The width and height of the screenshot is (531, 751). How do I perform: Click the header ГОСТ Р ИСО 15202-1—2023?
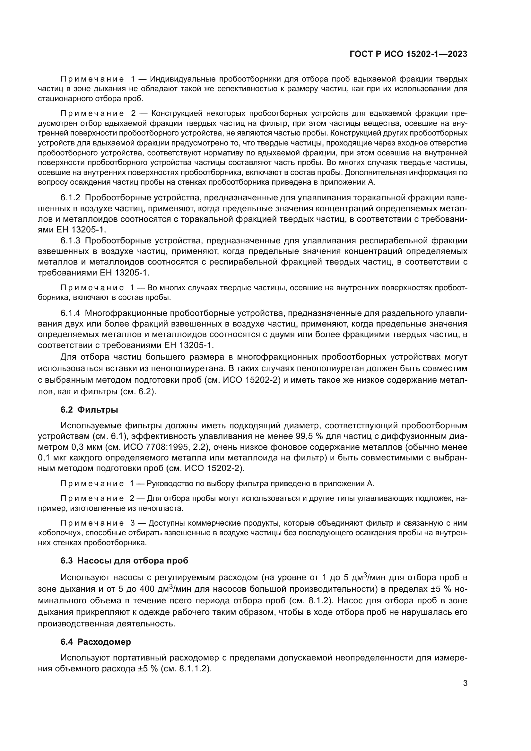coord(408,54)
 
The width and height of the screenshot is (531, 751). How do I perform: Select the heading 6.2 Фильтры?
coord(89,410)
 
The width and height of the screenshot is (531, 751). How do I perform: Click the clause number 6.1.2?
coord(70,198)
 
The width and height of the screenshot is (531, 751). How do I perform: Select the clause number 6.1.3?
coord(70,241)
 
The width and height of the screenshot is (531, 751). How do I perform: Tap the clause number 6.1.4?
coord(70,313)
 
